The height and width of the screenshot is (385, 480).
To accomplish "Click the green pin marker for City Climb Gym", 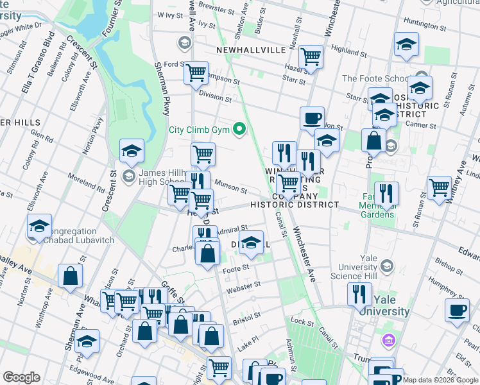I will [x=240, y=129].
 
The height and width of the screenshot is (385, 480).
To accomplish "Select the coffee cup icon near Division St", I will [x=312, y=118].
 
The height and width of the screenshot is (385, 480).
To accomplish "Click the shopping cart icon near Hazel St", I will [x=311, y=56].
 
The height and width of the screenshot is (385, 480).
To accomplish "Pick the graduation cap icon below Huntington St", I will [x=406, y=44].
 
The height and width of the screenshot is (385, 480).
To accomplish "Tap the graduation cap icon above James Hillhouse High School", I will [x=132, y=151].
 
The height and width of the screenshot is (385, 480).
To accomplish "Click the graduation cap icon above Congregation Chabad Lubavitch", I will [x=39, y=226].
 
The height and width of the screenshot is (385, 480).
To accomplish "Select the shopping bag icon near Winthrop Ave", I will [x=70, y=276].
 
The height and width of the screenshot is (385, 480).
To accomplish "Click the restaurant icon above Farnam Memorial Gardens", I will [x=387, y=193].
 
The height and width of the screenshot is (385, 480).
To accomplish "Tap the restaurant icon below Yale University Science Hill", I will [x=359, y=294].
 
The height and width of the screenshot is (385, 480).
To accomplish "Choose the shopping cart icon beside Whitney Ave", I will [x=440, y=188].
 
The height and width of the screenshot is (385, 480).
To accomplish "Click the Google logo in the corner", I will [x=21, y=377].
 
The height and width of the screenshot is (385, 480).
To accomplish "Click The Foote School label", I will [x=374, y=79].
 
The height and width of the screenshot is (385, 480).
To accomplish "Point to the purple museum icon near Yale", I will [x=388, y=339].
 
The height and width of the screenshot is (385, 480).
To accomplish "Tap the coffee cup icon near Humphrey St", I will [x=457, y=310].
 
